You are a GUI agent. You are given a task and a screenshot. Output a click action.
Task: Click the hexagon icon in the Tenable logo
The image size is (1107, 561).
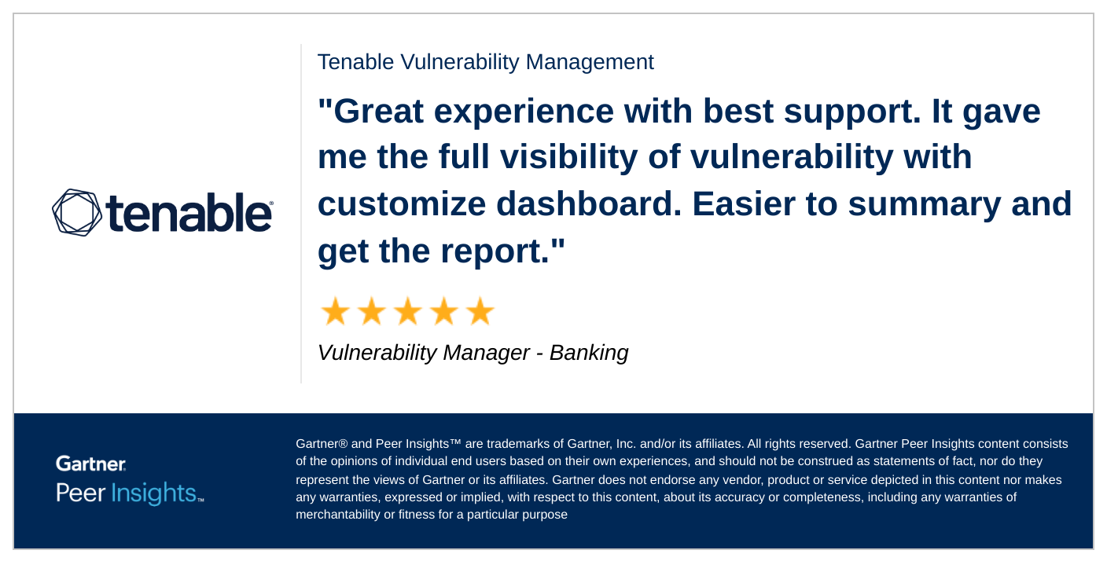[x=76, y=212]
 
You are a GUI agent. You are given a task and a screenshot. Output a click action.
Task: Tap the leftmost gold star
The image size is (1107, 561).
[x=335, y=312]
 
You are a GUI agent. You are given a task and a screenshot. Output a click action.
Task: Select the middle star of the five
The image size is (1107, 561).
[x=407, y=312]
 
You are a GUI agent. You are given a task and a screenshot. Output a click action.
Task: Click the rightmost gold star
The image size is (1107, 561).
[x=480, y=312]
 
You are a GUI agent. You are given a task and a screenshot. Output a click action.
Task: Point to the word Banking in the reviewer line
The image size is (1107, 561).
[x=589, y=353]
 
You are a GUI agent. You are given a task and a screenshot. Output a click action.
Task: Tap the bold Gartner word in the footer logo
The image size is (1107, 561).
[x=90, y=464]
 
